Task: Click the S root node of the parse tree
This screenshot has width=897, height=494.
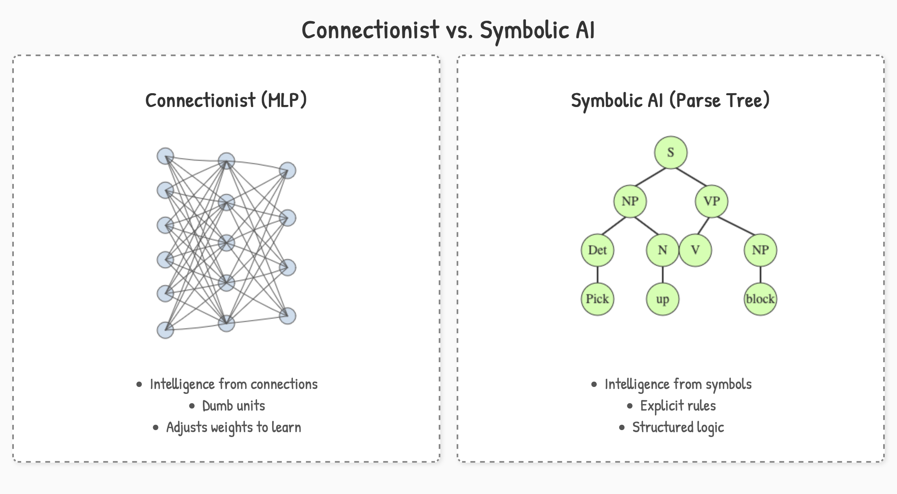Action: [x=671, y=153]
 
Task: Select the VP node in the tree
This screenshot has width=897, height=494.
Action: [x=711, y=201]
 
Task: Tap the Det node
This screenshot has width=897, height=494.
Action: [x=597, y=250]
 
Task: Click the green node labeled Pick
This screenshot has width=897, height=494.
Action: [x=597, y=299]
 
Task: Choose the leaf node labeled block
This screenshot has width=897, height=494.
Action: [x=760, y=299]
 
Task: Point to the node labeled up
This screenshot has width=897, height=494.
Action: [x=662, y=299]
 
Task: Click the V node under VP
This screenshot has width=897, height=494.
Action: [x=695, y=250]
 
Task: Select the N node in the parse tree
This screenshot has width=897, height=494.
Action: [x=662, y=250]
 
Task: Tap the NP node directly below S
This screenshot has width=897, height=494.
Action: [x=630, y=201]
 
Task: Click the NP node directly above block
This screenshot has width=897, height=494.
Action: [x=760, y=250]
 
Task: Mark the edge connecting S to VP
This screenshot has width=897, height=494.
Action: [x=691, y=177]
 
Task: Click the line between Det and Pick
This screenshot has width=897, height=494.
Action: [x=597, y=274]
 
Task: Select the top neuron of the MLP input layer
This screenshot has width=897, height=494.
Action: [x=165, y=156]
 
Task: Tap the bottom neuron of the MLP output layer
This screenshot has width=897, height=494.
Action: [x=288, y=316]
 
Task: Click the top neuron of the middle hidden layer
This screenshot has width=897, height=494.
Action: [x=226, y=161]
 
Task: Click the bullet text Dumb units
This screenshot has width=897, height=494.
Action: [x=233, y=406]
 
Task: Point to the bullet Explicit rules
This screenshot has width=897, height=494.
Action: [x=678, y=406]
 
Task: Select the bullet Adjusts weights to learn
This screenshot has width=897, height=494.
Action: [x=233, y=427]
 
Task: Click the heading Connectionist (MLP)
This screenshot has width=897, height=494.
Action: [x=226, y=101]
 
